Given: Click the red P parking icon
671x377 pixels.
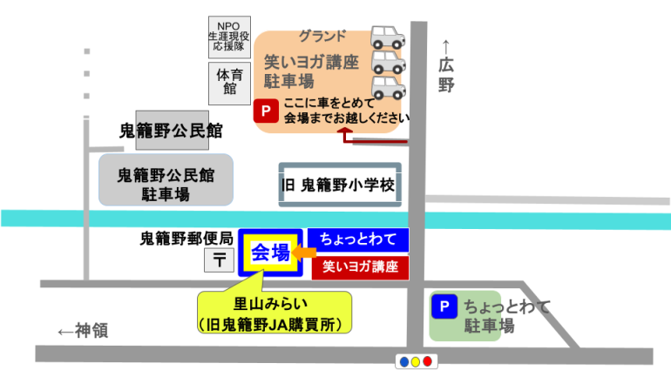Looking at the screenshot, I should (264, 111).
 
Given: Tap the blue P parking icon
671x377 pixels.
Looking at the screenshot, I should (444, 306).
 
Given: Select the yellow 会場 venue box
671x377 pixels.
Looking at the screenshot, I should (271, 252).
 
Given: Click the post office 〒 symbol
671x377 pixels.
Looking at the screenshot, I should (218, 259).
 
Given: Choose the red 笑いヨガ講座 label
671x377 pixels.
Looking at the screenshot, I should (360, 267).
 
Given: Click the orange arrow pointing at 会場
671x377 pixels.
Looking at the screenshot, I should (304, 253).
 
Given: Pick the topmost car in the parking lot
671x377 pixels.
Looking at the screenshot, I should (388, 37).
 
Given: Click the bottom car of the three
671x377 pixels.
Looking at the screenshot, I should (388, 88).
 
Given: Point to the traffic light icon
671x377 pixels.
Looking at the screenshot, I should (414, 360).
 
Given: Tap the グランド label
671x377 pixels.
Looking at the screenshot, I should (322, 37).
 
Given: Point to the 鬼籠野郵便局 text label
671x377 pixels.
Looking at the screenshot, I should (186, 237).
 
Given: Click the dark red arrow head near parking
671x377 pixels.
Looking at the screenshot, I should (345, 133).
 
